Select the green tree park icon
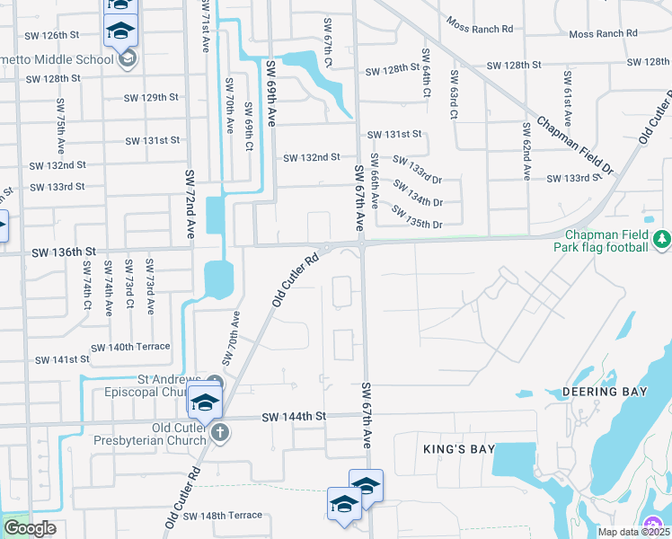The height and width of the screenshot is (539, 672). point(662,239)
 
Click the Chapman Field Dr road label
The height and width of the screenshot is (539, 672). point(575,146)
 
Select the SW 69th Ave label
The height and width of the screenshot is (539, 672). point(269,92)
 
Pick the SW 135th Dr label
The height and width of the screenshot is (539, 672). point(418,216)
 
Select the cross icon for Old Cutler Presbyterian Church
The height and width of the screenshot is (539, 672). point(221,433)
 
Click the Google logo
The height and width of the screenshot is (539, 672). point(29,528)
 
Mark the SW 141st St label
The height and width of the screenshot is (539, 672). point(62,359)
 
